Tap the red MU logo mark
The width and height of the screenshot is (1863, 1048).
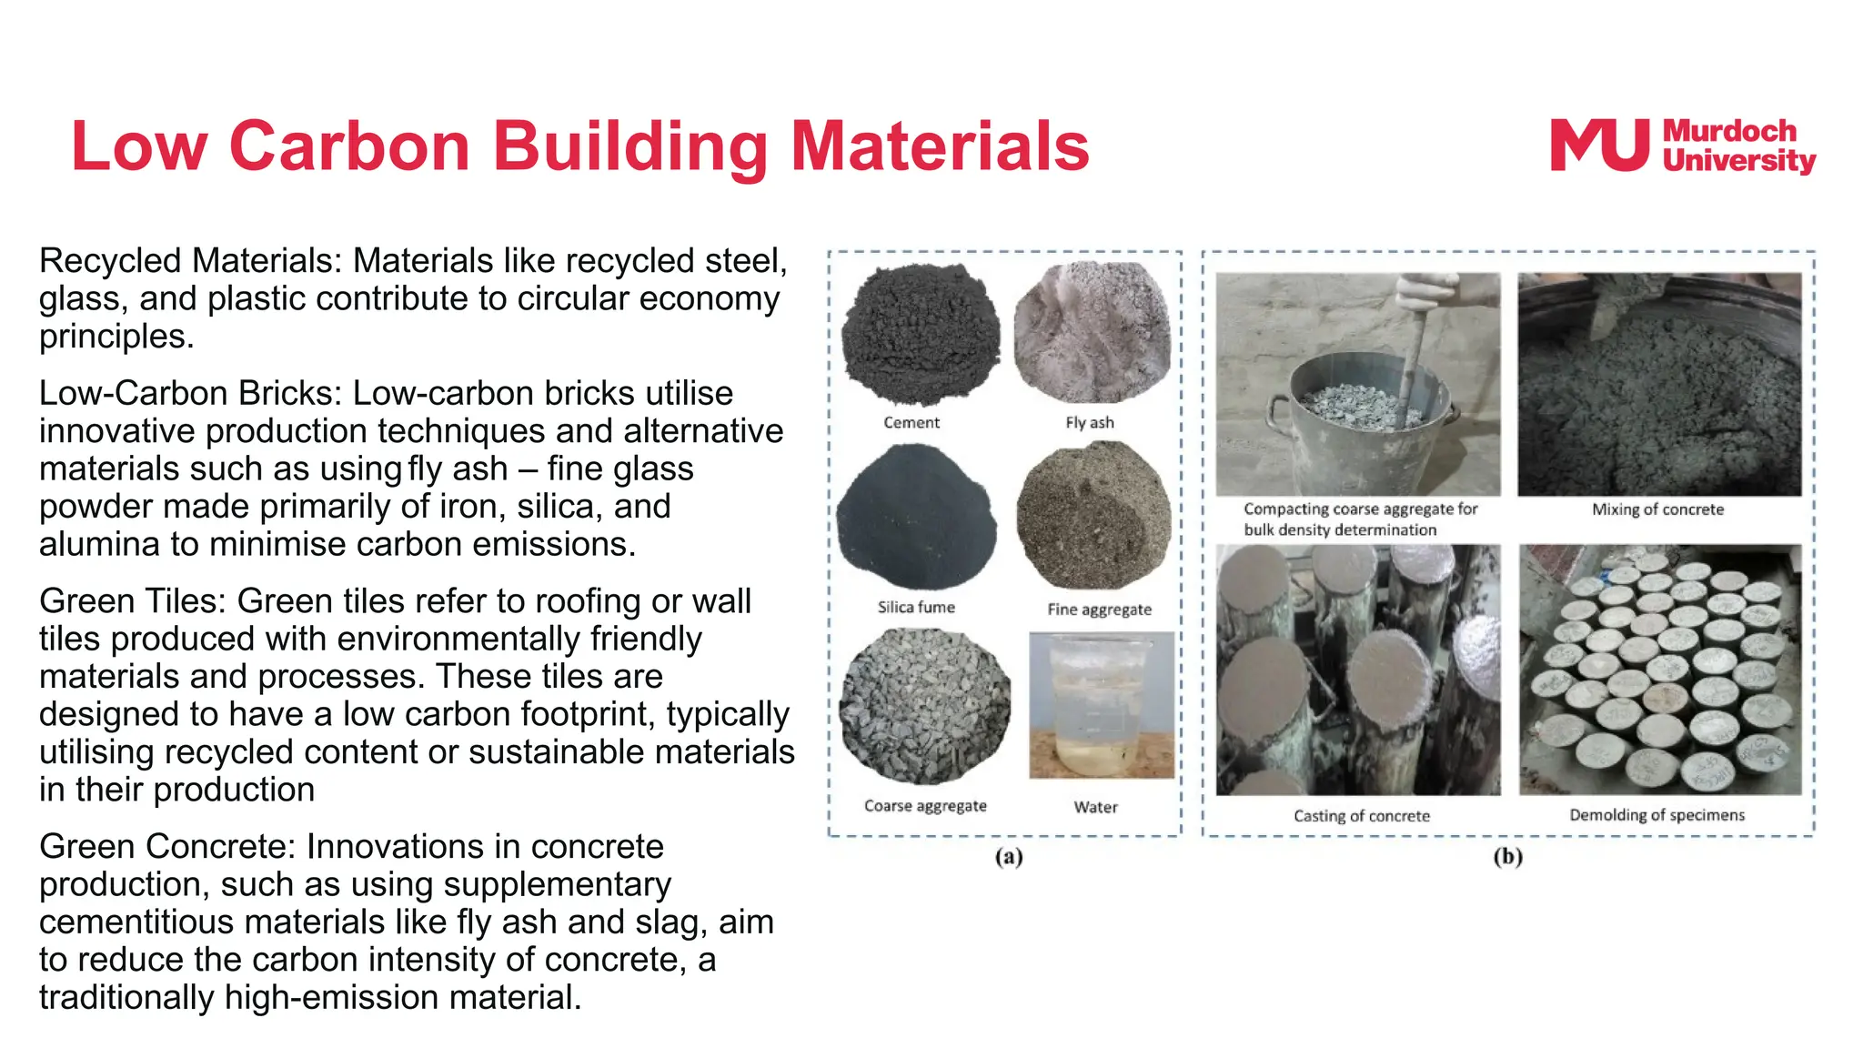click(1599, 146)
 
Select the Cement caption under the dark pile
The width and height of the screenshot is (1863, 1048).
click(911, 422)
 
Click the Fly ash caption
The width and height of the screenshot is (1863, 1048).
click(1089, 422)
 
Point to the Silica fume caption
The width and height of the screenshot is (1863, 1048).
click(916, 607)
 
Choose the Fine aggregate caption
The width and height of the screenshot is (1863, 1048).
click(1099, 609)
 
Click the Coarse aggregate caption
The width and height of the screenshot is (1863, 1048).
click(925, 806)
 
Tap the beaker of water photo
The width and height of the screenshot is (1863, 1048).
click(1101, 705)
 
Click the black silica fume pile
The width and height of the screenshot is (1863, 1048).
click(916, 516)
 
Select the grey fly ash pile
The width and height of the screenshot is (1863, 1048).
click(1092, 332)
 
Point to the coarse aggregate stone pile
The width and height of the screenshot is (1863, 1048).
click(924, 705)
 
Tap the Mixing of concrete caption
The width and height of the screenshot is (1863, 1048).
click(1657, 509)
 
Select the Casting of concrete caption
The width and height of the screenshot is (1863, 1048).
click(1362, 816)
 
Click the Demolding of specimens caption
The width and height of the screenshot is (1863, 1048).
click(1657, 815)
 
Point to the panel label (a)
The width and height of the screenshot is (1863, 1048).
click(1009, 857)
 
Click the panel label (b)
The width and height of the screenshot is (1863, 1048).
click(1507, 857)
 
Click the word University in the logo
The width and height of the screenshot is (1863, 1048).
click(1738, 161)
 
